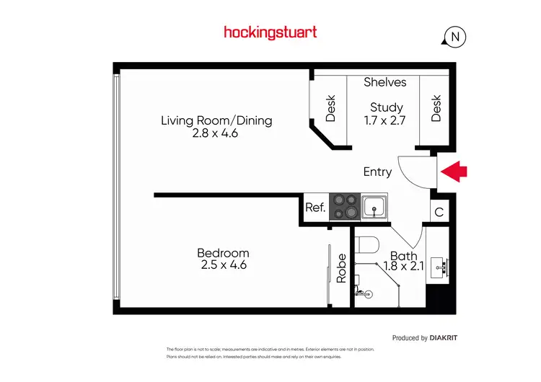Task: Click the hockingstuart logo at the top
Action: click(x=270, y=32)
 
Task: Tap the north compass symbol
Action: click(x=454, y=36)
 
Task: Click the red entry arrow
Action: click(x=454, y=172)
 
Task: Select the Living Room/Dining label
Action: click(x=216, y=120)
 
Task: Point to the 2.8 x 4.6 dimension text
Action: click(x=216, y=133)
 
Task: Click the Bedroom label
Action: click(x=223, y=253)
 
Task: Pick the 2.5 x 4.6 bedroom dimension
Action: click(x=223, y=265)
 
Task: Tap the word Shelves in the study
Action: click(x=384, y=82)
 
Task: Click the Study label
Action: click(x=387, y=107)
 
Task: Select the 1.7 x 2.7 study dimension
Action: click(x=387, y=120)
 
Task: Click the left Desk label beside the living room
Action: click(x=330, y=108)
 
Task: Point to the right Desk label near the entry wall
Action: click(x=436, y=108)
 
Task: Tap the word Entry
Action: click(x=377, y=172)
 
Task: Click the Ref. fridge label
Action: click(x=315, y=208)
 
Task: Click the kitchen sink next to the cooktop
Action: click(x=374, y=207)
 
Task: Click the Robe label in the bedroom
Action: click(x=342, y=267)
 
